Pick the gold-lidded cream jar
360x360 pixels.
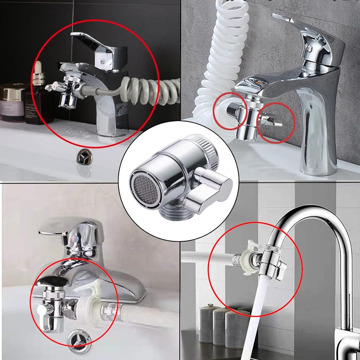coord(14,102)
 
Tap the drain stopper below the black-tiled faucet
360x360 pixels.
coord(84,156)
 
